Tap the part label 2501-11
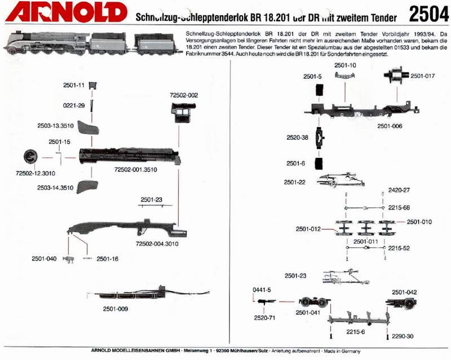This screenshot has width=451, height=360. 73,86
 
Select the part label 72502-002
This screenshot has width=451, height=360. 184,96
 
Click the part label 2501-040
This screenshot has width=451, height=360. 44,259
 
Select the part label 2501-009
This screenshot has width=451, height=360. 115,309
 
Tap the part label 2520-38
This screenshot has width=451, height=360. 297,137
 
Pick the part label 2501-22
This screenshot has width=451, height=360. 295,182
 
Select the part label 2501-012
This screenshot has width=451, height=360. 308,229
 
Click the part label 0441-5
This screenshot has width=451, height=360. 262,289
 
